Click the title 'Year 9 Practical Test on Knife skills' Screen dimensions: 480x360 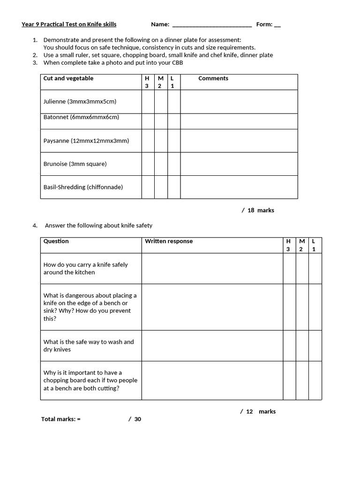pyautogui.click(x=69, y=24)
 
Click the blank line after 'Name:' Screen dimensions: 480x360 pyautogui.click(x=212, y=25)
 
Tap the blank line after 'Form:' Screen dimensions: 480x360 pyautogui.click(x=277, y=25)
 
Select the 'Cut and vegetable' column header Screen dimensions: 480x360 pyautogui.click(x=68, y=78)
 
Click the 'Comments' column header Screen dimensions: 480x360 pyautogui.click(x=213, y=78)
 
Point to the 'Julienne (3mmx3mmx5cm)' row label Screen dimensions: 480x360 pyautogui.click(x=80, y=101)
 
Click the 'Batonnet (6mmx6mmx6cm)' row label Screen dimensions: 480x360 pyautogui.click(x=81, y=117)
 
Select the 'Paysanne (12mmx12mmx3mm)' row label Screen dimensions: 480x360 pyautogui.click(x=86, y=141)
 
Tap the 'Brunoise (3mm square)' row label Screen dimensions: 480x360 pyautogui.click(x=75, y=164)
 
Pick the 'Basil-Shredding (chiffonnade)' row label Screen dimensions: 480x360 pyautogui.click(x=83, y=187)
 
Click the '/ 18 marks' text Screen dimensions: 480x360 pyautogui.click(x=258, y=210)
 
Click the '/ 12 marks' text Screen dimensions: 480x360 pyautogui.click(x=258, y=412)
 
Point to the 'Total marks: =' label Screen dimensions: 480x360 pyautogui.click(x=61, y=419)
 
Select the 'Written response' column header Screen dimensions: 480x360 pyautogui.click(x=169, y=241)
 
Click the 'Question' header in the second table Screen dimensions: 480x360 pyautogui.click(x=56, y=241)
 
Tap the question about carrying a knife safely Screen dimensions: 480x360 pyautogui.click(x=85, y=268)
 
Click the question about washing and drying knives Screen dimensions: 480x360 pyautogui.click(x=89, y=345)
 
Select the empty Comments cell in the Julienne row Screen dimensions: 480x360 pyautogui.click(x=239, y=102)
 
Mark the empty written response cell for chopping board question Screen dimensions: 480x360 pyautogui.click(x=212, y=380)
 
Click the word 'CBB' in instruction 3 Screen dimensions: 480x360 pyautogui.click(x=177, y=62)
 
